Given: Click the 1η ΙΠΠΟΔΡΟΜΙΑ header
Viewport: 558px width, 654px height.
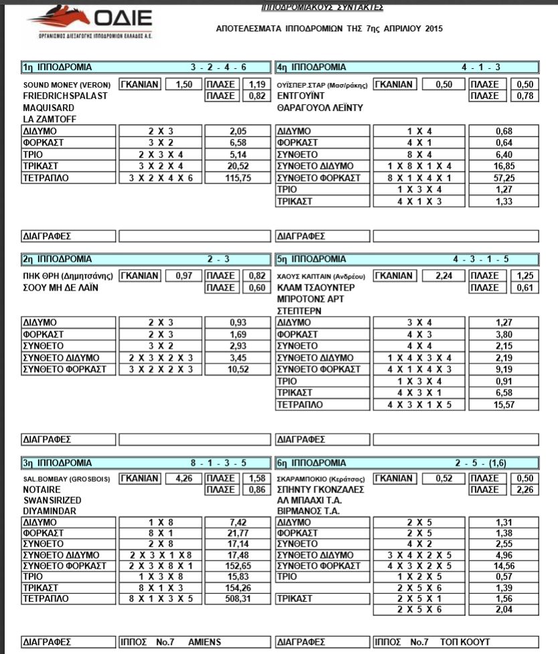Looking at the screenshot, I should coord(57,67).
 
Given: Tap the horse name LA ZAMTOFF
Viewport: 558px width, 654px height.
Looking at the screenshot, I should coord(47,118).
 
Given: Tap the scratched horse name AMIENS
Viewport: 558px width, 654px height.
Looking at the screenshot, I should coord(205,642).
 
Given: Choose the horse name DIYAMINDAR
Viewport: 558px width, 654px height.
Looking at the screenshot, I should coord(50,511).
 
